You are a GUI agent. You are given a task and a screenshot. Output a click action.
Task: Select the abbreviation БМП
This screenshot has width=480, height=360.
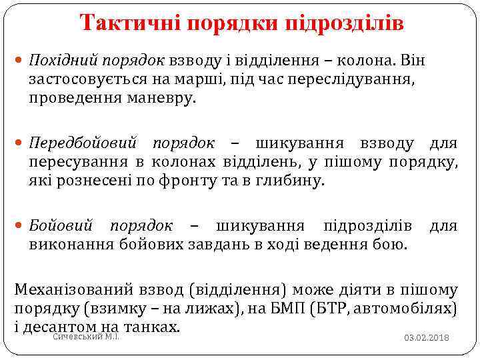328,309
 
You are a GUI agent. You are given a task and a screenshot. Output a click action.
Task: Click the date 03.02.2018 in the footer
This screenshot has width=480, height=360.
427,338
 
